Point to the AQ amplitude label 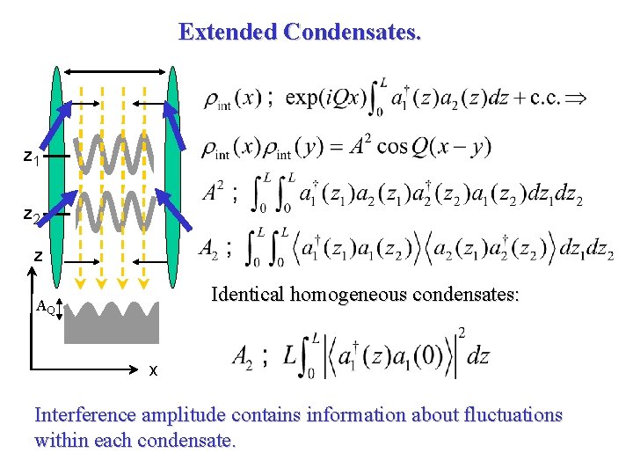point(46,308)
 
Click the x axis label point(153,370)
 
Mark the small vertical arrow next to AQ point(62,310)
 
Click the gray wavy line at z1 point(114,155)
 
